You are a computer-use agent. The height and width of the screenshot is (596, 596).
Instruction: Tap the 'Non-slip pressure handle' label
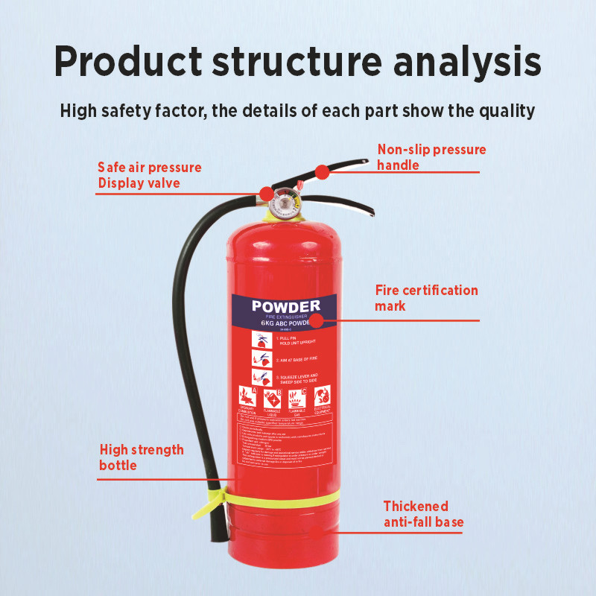click(431, 157)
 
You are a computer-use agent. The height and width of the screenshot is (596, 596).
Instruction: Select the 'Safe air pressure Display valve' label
click(150, 175)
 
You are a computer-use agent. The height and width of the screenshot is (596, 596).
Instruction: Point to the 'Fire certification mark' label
click(426, 297)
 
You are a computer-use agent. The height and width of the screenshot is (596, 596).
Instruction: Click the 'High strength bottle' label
click(142, 457)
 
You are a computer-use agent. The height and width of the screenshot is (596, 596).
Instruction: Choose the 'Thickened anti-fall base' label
click(423, 513)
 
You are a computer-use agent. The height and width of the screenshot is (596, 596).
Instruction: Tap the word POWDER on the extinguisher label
click(285, 306)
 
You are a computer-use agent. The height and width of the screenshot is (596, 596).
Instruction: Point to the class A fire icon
click(247, 397)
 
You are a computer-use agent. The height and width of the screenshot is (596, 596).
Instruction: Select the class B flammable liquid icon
click(272, 398)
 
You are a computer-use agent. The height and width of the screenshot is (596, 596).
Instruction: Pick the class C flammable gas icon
click(297, 398)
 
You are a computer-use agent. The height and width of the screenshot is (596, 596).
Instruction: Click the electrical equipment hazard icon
click(322, 397)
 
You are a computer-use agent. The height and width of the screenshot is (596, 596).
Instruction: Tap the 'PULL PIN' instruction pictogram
click(261, 340)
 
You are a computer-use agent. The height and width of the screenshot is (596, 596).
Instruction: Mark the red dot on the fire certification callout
click(317, 321)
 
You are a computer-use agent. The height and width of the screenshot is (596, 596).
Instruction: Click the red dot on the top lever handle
click(322, 172)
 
